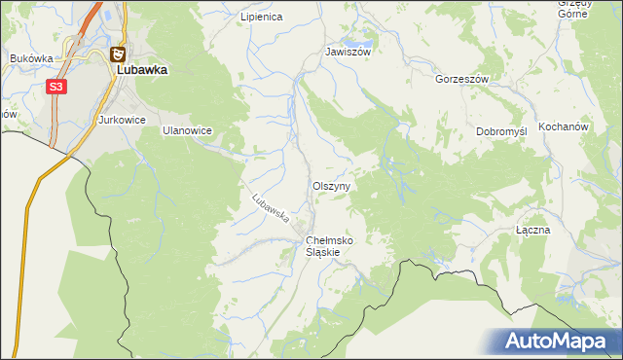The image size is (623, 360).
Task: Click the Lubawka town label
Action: click(142, 71)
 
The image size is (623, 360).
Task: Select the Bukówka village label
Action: click(31, 58)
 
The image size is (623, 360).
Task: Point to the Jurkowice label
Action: click(122, 120)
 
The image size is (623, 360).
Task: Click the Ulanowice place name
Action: click(187, 129)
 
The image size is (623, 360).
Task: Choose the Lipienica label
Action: click(261, 18)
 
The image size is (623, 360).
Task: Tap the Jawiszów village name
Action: click(348, 52)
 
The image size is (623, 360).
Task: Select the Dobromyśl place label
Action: click(501, 131)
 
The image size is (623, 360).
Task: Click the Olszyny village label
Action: click(332, 185)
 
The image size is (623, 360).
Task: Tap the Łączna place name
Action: click(532, 231)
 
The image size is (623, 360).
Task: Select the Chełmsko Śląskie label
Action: click(329, 245)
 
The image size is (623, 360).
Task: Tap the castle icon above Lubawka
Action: click(118, 55)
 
